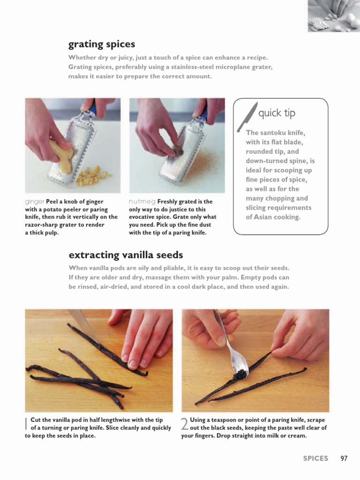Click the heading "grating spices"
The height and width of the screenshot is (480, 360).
tap(102, 45)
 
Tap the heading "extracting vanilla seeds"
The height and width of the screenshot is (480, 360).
tap(126, 255)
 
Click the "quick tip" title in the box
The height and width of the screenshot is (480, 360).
tap(277, 113)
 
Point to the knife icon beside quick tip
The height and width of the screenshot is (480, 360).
tap(247, 117)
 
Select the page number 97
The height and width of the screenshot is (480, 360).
tap(344, 458)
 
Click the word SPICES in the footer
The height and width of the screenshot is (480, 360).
tap(315, 458)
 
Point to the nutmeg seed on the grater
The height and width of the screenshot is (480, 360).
tap(178, 150)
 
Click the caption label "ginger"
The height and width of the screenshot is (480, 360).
tap(35, 202)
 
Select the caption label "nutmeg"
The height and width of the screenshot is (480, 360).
tap(142, 202)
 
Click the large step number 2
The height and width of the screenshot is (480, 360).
tap(185, 424)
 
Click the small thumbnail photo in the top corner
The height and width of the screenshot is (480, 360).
tap(334, 16)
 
